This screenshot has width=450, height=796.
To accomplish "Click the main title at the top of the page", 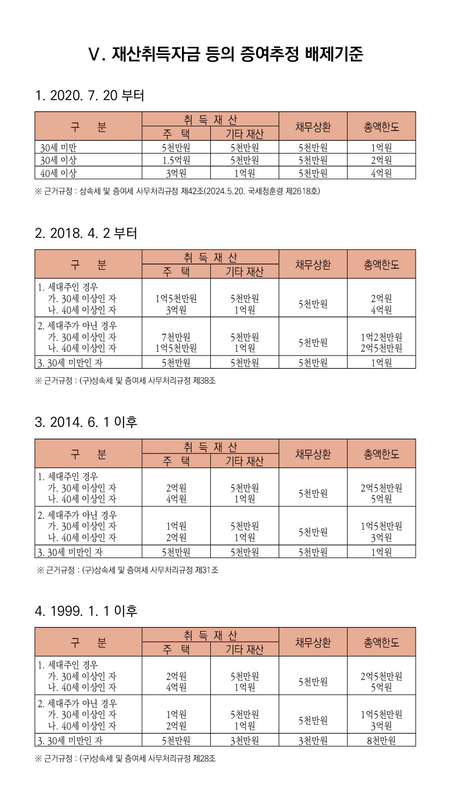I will (225, 54).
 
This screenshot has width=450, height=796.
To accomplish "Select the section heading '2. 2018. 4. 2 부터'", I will (86, 234).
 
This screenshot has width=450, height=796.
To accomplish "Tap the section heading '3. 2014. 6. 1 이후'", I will (86, 422).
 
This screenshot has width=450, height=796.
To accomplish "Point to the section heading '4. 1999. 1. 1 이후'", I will (86, 611).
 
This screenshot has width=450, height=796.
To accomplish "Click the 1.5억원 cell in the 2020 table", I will (176, 160).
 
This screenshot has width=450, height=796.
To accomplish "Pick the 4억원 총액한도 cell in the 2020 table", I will (381, 173).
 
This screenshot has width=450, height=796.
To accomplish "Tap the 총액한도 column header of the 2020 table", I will (381, 127).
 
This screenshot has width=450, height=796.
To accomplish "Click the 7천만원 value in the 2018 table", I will (176, 337).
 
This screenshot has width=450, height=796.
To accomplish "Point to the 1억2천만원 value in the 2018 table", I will (381, 337).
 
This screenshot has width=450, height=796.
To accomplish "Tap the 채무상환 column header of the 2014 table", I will (313, 454).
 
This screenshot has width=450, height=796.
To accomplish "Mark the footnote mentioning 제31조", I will (127, 570).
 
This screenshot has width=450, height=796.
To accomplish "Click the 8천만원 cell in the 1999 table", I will (381, 740).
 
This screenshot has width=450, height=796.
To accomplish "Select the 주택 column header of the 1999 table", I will (176, 649).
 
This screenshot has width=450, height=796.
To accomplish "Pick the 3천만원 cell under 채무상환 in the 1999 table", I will (313, 740).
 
